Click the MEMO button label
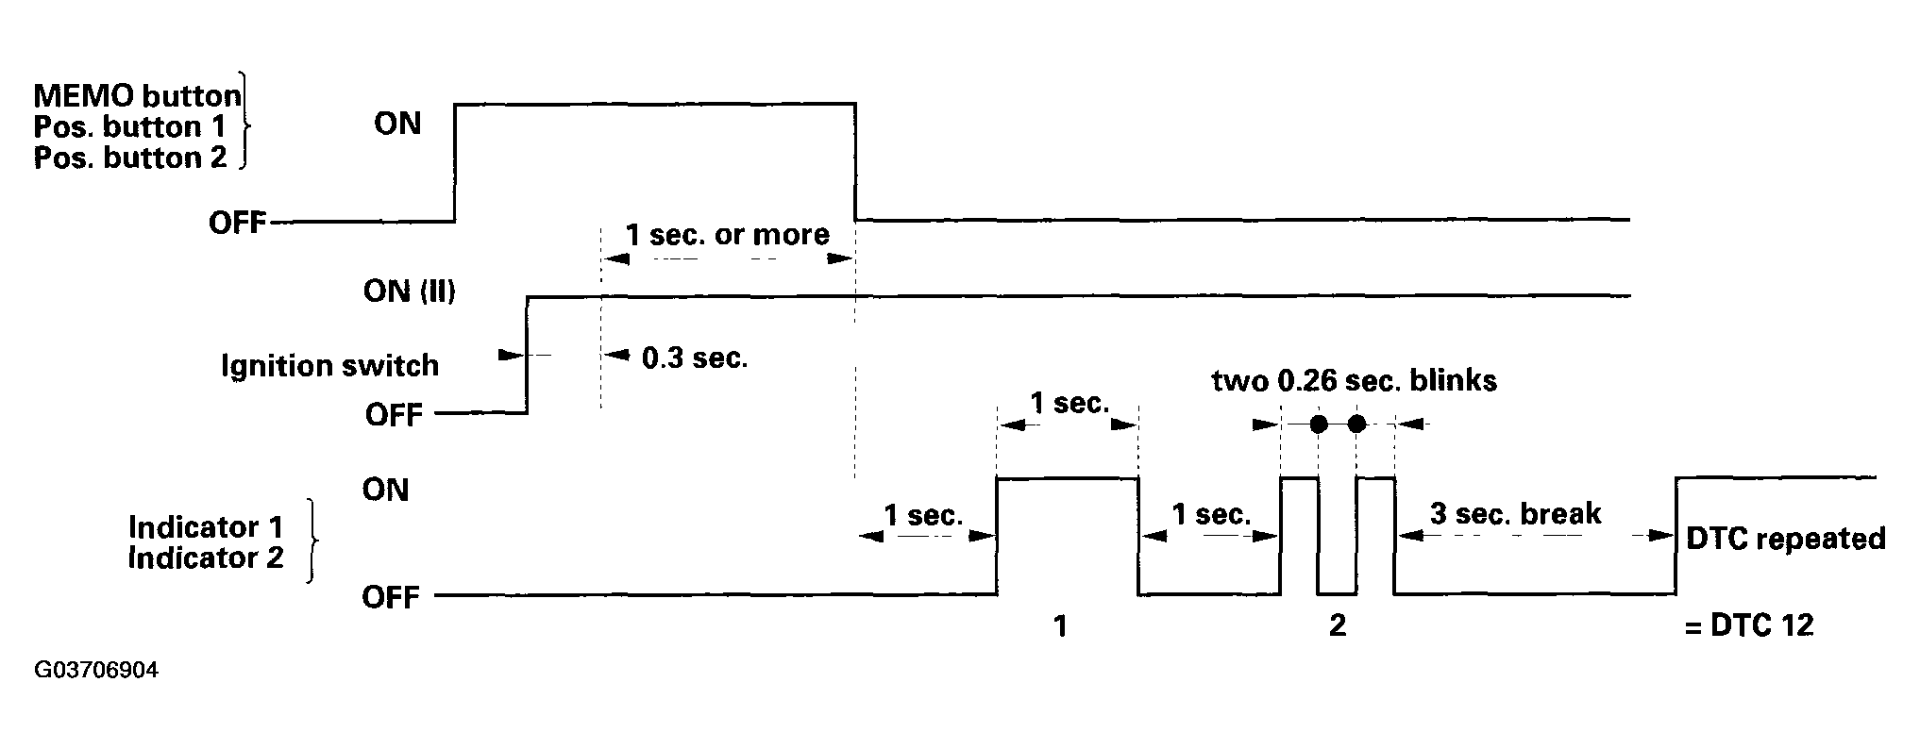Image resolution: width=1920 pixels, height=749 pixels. tap(137, 95)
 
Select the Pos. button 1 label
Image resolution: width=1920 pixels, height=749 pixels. tap(130, 126)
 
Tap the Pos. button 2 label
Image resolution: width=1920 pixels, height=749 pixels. tap(130, 158)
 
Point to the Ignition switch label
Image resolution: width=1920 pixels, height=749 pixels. tap(329, 365)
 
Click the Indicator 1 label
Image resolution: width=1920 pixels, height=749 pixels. tap(206, 526)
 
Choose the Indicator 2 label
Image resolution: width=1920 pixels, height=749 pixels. tap(206, 558)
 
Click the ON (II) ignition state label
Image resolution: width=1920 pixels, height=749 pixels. tap(409, 291)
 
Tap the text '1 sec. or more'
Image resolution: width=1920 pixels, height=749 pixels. tap(728, 234)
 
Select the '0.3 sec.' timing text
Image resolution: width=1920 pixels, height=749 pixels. tap(695, 358)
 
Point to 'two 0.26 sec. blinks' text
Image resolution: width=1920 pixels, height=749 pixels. tap(1355, 380)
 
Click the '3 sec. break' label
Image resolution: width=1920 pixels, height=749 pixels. tap(1515, 513)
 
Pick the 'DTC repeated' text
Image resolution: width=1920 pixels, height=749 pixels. tap(1786, 538)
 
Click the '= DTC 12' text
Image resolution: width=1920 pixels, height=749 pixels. tap(1749, 625)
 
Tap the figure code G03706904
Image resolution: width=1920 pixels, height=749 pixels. tap(96, 671)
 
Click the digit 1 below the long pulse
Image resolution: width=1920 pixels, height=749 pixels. tap(1060, 625)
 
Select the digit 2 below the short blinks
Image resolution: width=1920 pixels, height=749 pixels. tap(1337, 625)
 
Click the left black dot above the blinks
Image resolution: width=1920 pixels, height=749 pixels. tap(1319, 424)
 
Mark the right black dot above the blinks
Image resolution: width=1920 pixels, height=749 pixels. tap(1356, 424)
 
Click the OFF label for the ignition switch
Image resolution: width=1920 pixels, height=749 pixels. tap(394, 415)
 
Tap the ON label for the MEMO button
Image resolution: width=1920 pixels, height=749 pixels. tap(397, 124)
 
